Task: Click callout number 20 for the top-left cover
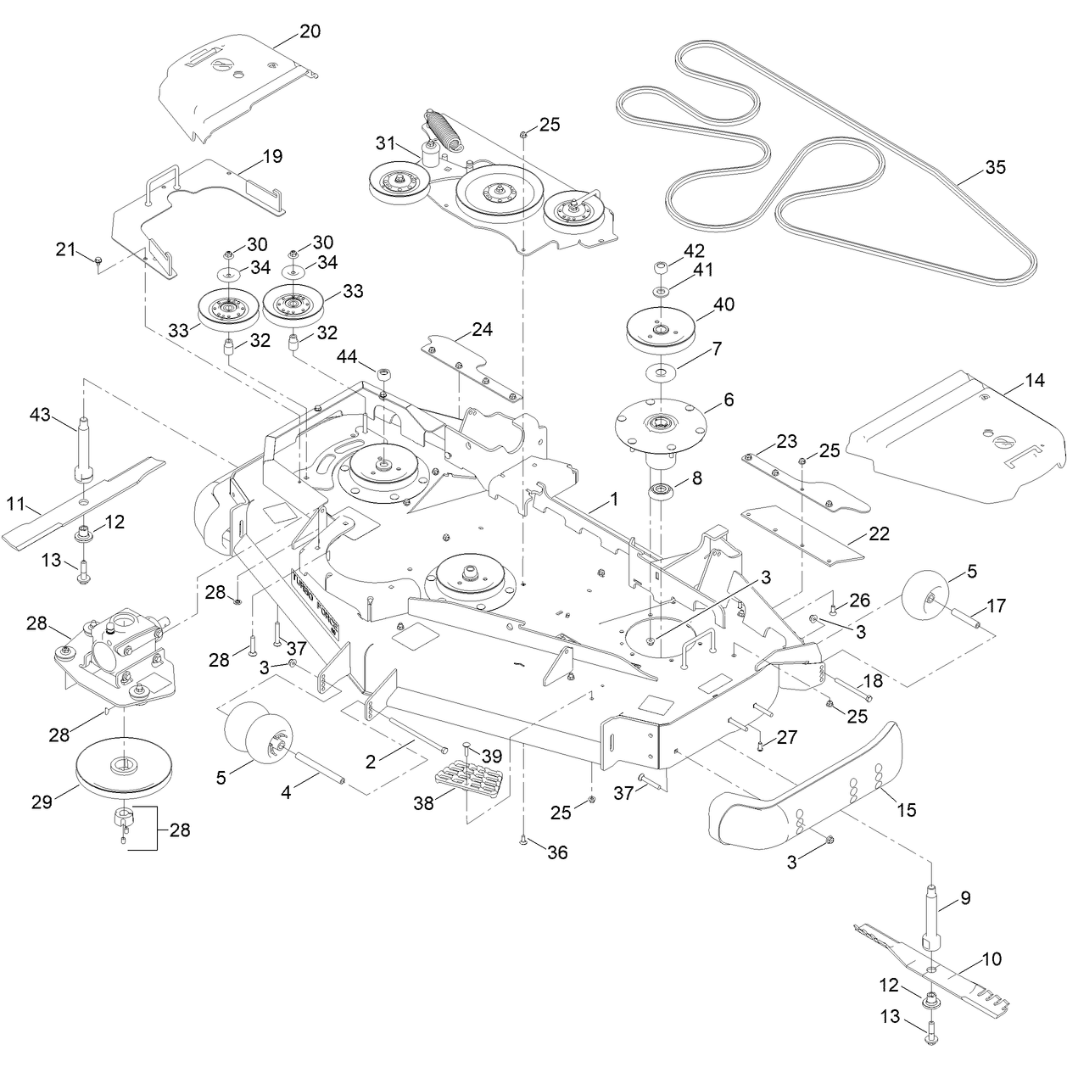pyautogui.click(x=310, y=31)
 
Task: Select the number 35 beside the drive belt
pyautogui.click(x=995, y=167)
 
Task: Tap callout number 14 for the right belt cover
pyautogui.click(x=1034, y=380)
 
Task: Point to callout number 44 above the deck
pyautogui.click(x=347, y=356)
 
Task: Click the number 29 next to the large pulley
pyautogui.click(x=42, y=802)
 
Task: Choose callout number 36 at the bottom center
pyautogui.click(x=557, y=852)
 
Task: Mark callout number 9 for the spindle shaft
pyautogui.click(x=965, y=897)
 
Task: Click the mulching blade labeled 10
pyautogui.click(x=932, y=974)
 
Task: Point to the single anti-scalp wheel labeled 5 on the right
pyautogui.click(x=925, y=600)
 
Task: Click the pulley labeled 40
pyautogui.click(x=660, y=331)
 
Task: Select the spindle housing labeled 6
pyautogui.click(x=660, y=434)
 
